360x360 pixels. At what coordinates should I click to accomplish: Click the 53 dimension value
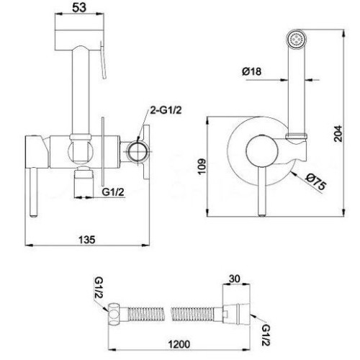pyautogui.click(x=79, y=8)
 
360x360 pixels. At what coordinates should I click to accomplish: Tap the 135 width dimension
pyautogui.click(x=87, y=239)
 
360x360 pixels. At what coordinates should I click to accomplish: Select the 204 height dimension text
pyautogui.click(x=338, y=133)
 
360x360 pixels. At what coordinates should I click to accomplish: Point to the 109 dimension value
pyautogui.click(x=202, y=166)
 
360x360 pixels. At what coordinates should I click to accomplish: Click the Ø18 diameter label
pyautogui.click(x=251, y=71)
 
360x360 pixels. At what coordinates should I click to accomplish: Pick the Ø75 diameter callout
pyautogui.click(x=316, y=181)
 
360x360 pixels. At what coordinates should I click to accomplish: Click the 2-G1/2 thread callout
pyautogui.click(x=166, y=110)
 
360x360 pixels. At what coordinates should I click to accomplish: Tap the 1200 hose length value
pyautogui.click(x=179, y=344)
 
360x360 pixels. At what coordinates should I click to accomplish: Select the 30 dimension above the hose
pyautogui.click(x=235, y=279)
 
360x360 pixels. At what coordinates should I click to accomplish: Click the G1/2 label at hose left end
pyautogui.click(x=99, y=288)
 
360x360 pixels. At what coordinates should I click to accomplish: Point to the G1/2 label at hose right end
pyautogui.click(x=266, y=336)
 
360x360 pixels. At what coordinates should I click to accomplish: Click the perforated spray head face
pyautogui.click(x=296, y=38)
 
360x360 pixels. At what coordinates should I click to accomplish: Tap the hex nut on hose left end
pyautogui.click(x=113, y=315)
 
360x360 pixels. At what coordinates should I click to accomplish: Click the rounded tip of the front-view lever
pyautogui.click(x=262, y=215)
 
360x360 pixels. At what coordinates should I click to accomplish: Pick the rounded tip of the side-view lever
pyautogui.click(x=33, y=215)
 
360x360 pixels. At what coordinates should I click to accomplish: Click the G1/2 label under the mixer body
pyautogui.click(x=113, y=192)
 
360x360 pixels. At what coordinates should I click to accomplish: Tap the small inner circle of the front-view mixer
pyautogui.click(x=262, y=151)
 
